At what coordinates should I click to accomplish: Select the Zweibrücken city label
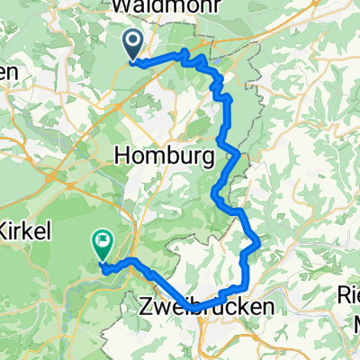[x=207, y=308]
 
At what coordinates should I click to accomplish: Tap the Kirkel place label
[x=25, y=229]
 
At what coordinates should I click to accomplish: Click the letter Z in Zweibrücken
[x=147, y=308]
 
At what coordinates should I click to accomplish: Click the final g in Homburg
[x=208, y=158]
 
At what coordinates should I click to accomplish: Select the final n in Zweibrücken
[x=268, y=308]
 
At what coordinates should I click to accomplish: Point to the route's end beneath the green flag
[x=103, y=265]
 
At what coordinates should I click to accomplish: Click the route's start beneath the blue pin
[x=133, y=62]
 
